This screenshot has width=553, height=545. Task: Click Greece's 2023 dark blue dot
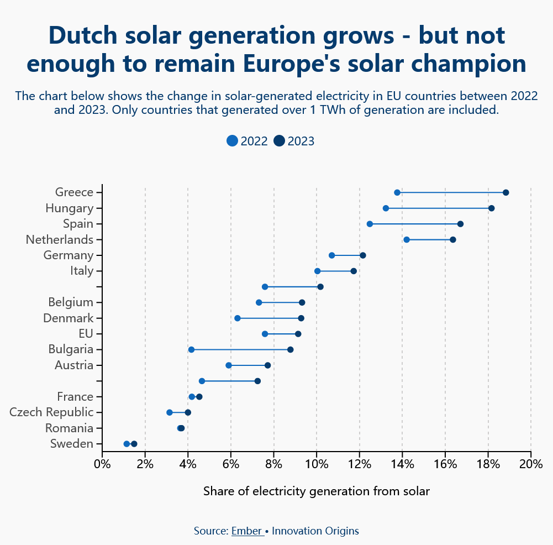click(x=505, y=192)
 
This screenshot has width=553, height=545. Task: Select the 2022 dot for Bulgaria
click(x=191, y=350)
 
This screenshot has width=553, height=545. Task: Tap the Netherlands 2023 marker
click(x=453, y=239)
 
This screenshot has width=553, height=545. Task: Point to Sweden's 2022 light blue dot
click(x=127, y=444)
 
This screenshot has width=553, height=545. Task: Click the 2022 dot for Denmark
click(x=238, y=318)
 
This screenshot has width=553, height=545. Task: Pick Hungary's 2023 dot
click(x=492, y=208)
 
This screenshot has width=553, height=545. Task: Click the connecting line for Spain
click(x=415, y=224)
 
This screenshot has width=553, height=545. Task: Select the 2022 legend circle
click(x=233, y=141)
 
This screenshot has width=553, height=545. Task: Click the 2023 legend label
click(x=301, y=141)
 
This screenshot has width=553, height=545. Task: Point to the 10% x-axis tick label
click(x=317, y=463)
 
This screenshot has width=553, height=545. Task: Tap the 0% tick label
click(x=102, y=463)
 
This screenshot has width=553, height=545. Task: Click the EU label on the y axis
click(x=86, y=334)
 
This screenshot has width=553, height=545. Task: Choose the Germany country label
click(x=68, y=255)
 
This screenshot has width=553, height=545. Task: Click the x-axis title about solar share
click(x=316, y=491)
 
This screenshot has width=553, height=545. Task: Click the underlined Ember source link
click(x=246, y=531)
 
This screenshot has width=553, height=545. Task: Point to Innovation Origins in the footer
click(x=315, y=531)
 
